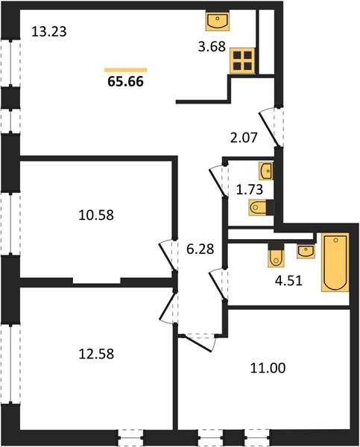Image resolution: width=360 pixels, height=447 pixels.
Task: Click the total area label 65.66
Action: point(125,81)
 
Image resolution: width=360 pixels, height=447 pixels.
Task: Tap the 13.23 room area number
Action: point(49,31)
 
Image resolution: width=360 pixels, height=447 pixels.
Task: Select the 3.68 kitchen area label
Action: point(212,46)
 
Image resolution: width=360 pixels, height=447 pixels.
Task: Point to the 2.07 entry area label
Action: point(244,138)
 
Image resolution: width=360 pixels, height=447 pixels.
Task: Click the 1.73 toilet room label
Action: point(250,189)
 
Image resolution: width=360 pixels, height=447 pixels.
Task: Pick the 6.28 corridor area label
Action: point(200,249)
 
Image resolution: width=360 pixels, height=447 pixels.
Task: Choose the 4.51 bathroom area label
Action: point(288,281)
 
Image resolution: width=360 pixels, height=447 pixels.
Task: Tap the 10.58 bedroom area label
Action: point(96,215)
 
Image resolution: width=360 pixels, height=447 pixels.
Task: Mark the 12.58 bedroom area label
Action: point(96,354)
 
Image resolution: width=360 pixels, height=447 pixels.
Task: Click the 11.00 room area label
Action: point(268,368)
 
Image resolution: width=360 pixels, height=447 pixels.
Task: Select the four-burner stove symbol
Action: point(242,61)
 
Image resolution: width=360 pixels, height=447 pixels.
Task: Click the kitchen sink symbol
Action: point(218,21)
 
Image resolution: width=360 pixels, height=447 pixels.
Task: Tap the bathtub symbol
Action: point(335,262)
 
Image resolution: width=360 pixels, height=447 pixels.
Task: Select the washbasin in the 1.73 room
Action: point(266,171)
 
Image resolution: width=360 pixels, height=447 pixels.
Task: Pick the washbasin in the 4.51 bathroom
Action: point(306,251)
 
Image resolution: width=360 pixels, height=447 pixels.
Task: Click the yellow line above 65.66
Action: point(125,70)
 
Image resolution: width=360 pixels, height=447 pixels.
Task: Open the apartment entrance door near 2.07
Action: point(269,129)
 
